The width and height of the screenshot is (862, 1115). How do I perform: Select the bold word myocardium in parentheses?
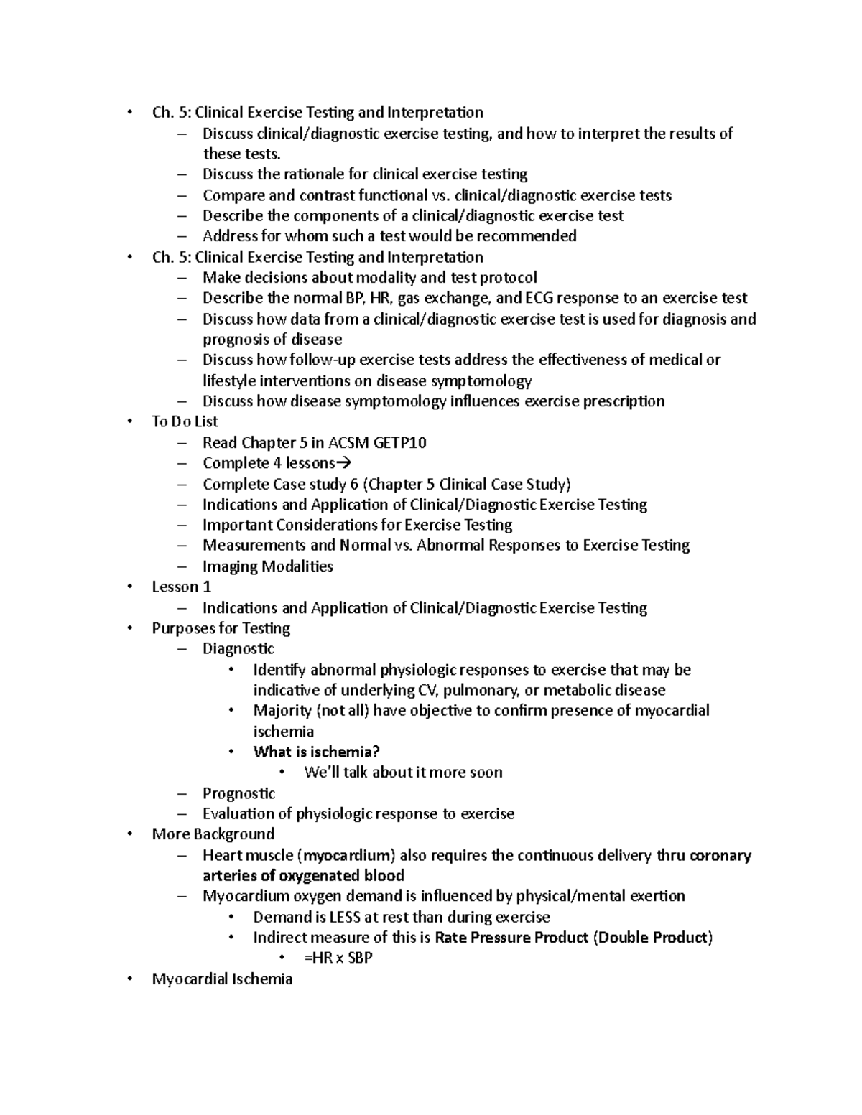pos(348,855)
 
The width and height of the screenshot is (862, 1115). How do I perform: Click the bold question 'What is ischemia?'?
pos(316,752)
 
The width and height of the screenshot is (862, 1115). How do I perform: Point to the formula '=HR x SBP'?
pos(338,958)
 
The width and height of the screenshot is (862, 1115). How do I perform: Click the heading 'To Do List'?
pos(185,421)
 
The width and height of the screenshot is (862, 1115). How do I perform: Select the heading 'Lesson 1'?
pos(181,587)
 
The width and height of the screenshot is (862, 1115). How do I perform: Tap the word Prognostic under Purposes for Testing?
pos(238,793)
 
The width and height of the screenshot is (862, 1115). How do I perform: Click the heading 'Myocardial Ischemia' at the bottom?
pos(222,979)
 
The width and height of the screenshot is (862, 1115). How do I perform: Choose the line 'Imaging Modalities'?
pos(267,566)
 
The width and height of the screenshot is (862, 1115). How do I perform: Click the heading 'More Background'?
pos(213,834)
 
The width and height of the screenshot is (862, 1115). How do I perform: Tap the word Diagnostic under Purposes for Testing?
pos(238,649)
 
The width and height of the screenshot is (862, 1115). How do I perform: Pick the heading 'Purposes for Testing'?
pos(221,628)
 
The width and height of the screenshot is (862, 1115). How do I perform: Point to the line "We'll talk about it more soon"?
pos(403,773)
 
